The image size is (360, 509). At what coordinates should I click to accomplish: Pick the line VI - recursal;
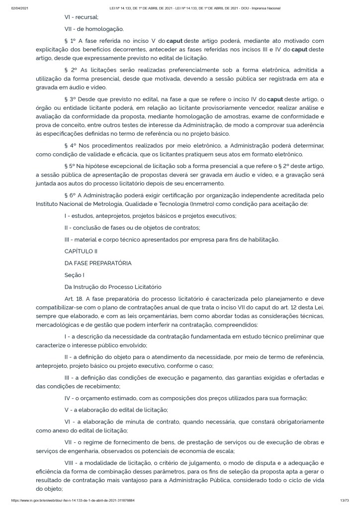click(81, 16)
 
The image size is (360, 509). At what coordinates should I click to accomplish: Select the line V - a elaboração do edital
click(116, 410)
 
